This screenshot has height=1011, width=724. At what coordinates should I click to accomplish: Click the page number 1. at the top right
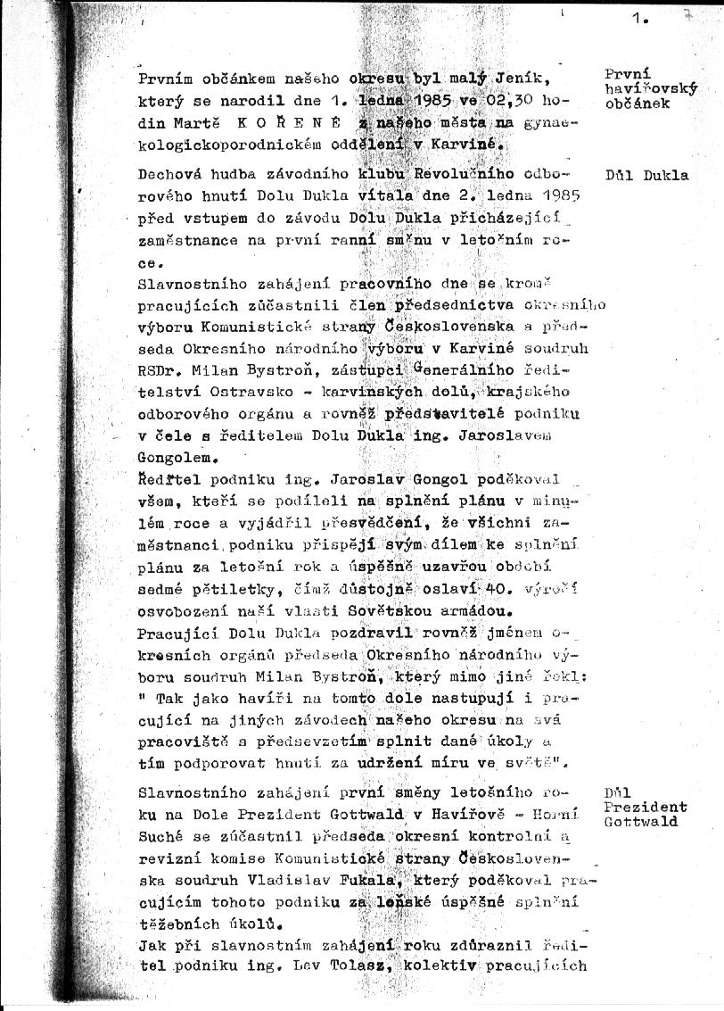pos(640,17)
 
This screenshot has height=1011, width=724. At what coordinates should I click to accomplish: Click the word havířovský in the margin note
pos(650,88)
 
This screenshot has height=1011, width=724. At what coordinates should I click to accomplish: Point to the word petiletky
pos(223,592)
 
